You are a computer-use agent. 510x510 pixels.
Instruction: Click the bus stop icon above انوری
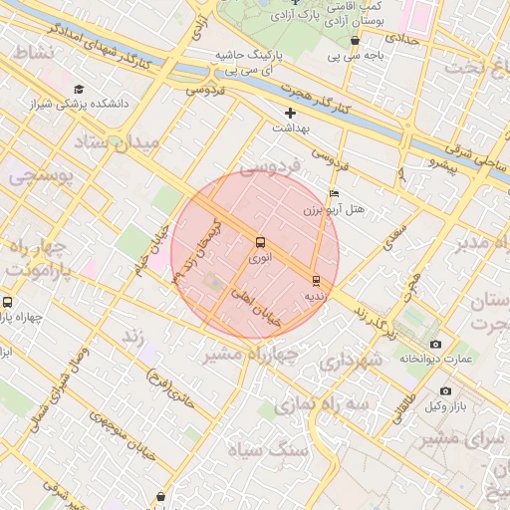pos(260,241)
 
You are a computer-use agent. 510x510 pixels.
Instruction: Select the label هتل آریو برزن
pos(335,211)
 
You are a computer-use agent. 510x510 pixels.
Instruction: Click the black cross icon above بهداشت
pos(290,113)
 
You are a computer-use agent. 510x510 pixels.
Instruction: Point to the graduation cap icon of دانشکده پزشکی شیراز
pos(79,90)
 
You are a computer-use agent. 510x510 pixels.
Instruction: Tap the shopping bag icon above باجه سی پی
pos(356,41)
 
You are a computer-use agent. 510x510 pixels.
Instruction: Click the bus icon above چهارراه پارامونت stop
pos(8,302)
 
